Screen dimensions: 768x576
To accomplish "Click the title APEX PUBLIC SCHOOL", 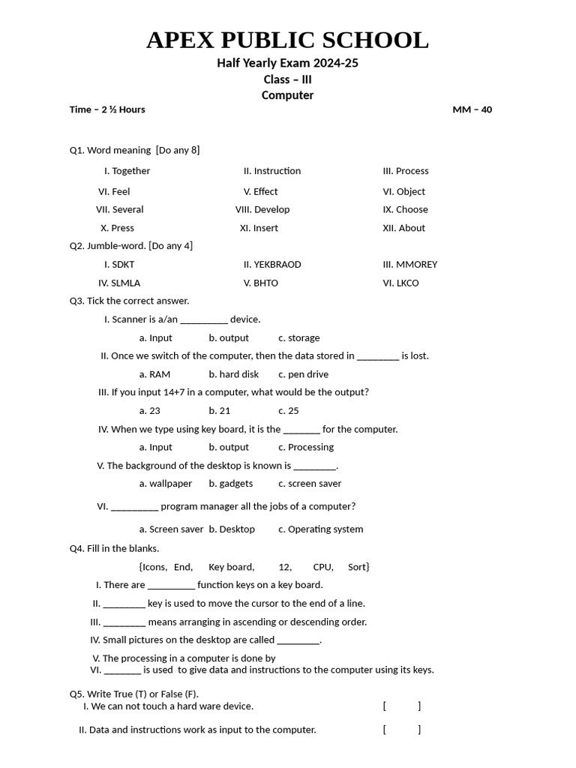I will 287,40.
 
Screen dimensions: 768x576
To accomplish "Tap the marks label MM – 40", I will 472,109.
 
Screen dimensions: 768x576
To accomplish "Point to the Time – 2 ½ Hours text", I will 107,109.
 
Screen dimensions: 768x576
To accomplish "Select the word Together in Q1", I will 130,171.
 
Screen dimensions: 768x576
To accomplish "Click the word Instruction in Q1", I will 277,171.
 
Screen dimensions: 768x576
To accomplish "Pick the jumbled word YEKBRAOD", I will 277,265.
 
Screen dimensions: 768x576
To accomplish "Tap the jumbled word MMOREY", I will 416,265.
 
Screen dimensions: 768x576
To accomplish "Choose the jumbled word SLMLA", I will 125,283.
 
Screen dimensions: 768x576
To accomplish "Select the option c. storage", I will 298,338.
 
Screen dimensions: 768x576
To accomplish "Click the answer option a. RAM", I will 154,374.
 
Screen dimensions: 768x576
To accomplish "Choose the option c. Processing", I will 305,448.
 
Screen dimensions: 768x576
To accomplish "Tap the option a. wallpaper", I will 165,484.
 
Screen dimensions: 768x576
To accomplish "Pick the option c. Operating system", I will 320,529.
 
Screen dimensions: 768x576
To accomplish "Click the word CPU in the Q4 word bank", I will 322,567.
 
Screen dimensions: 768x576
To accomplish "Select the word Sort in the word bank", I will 357,567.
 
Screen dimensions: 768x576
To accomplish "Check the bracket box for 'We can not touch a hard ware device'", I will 401,706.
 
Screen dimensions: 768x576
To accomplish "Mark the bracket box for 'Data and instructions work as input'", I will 401,730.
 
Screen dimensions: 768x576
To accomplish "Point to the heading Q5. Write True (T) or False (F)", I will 134,694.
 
